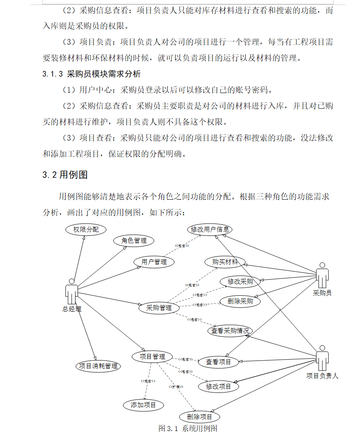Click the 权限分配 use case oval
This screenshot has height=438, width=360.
[x=86, y=230]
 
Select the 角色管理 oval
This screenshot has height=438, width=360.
[x=134, y=241]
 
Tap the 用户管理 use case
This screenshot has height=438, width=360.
[x=154, y=262]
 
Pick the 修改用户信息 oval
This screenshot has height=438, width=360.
[x=210, y=229]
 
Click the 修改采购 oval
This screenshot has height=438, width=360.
[x=240, y=281]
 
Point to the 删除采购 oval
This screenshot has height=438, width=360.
[x=240, y=301]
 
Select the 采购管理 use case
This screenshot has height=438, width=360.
[x=159, y=308]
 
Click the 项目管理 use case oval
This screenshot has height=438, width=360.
[x=152, y=357]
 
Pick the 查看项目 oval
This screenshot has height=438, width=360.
[x=218, y=362]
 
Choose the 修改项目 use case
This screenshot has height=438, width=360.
[x=218, y=386]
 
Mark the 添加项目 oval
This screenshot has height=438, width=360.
[x=143, y=405]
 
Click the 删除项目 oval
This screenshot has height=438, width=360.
[x=199, y=417]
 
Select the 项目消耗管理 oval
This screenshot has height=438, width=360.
[x=98, y=366]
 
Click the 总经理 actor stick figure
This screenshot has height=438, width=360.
[x=71, y=292]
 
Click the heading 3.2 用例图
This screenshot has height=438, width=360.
[x=65, y=175]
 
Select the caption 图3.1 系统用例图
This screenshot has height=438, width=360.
[x=188, y=429]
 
